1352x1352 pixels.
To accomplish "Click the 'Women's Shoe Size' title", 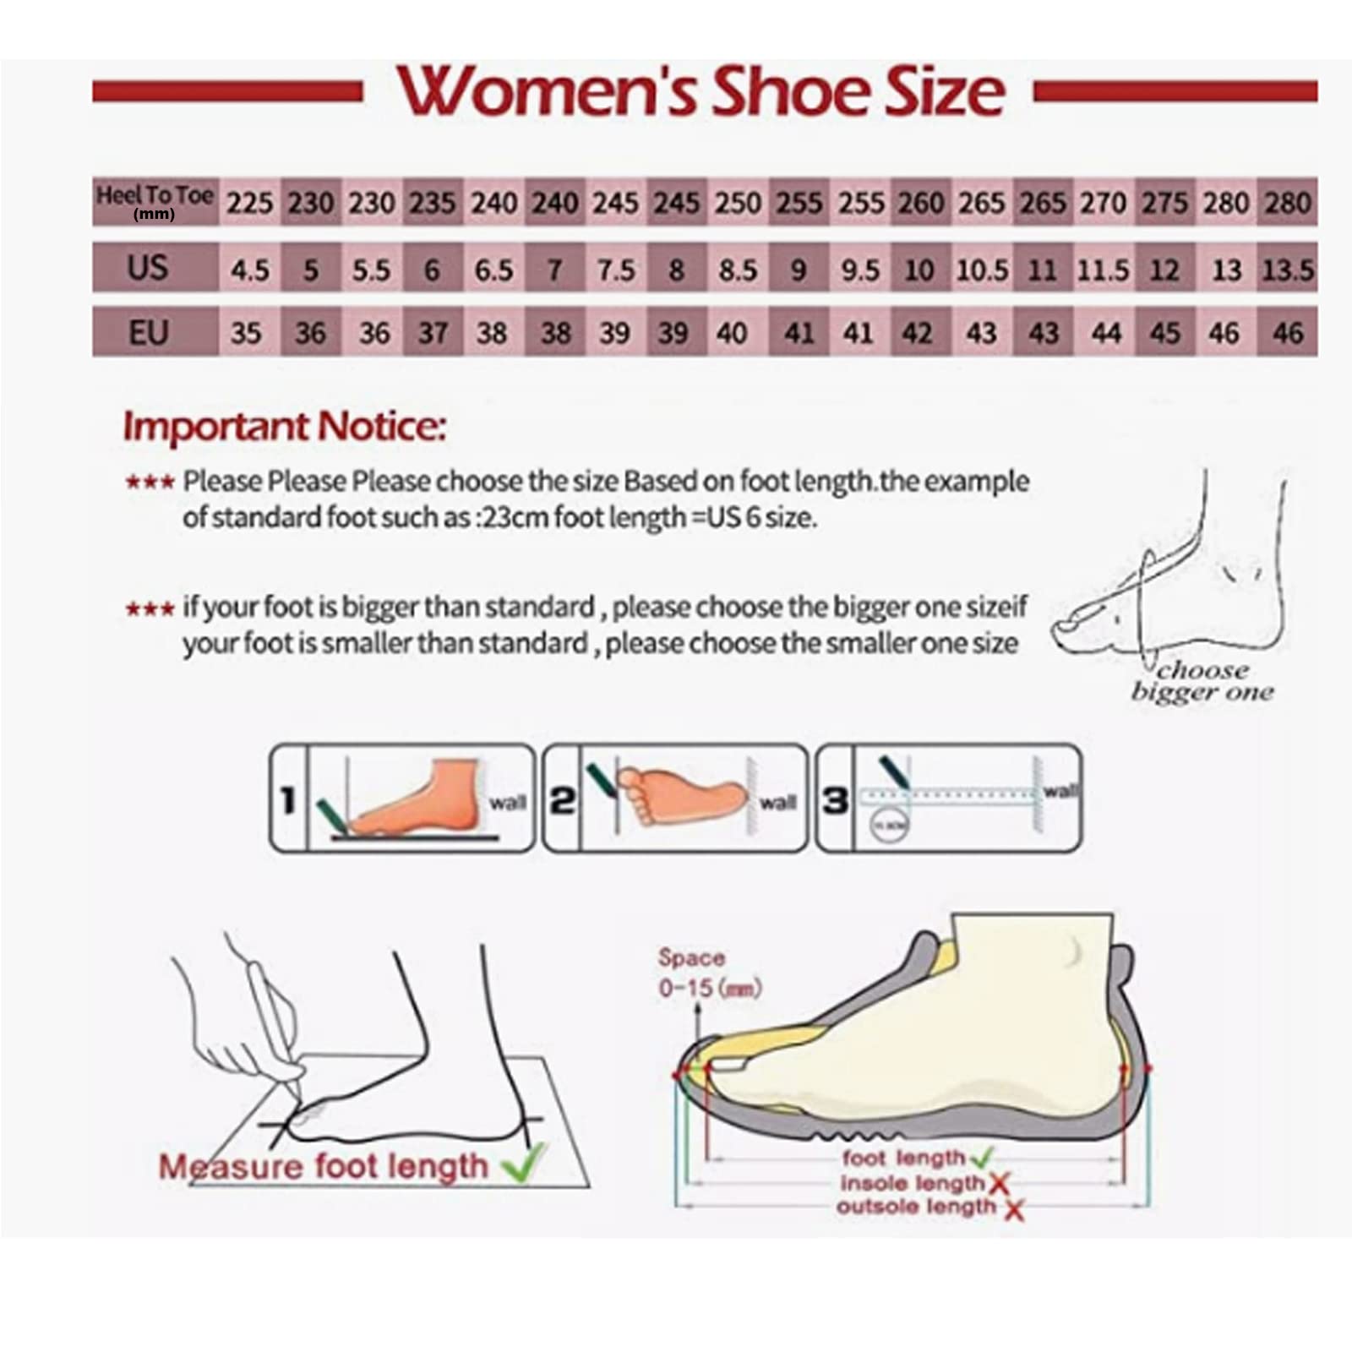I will click(x=701, y=91).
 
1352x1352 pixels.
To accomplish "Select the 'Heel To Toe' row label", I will click(x=155, y=200).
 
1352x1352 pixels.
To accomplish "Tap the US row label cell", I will click(x=148, y=268).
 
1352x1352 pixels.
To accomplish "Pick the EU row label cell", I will click(x=148, y=332).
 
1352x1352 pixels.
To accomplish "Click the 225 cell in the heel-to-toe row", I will click(x=249, y=203).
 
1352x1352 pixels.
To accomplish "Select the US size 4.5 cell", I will click(x=249, y=270).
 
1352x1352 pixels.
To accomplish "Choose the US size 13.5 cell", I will click(x=1287, y=270).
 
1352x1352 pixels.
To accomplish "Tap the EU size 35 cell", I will click(x=246, y=333).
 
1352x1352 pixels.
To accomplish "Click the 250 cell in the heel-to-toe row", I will click(x=738, y=203).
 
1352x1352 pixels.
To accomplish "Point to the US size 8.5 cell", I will click(x=737, y=270).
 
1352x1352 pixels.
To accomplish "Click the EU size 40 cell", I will click(x=732, y=333).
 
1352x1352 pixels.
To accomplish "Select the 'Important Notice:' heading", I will click(x=284, y=427).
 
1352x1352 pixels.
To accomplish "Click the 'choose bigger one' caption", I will click(x=1202, y=681).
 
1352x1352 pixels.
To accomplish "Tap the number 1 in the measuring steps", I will click(x=288, y=799).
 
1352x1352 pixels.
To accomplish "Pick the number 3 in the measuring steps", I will click(x=835, y=799).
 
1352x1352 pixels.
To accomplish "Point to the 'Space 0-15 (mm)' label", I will click(x=708, y=973).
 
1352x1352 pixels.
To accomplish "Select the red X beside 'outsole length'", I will click(x=1014, y=1209).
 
